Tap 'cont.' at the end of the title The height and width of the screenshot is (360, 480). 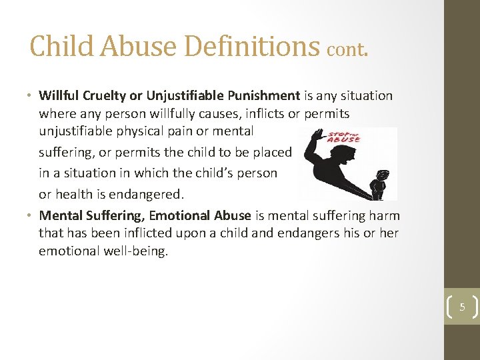(x=347, y=49)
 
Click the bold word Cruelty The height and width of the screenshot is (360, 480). (x=100, y=95)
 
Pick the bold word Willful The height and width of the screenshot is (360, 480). (x=58, y=95)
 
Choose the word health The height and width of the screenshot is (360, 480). (x=73, y=193)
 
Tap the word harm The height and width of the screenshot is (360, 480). (x=386, y=215)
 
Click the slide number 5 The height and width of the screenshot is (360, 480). (x=461, y=307)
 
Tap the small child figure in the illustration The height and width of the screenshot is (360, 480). (x=379, y=184)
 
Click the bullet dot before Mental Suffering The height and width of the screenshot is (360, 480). (x=31, y=215)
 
